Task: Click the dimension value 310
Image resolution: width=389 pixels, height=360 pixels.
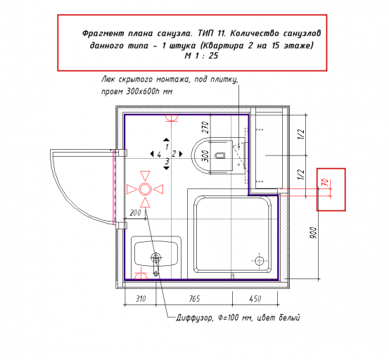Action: click(141, 299)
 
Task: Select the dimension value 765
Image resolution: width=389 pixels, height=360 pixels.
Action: click(194, 299)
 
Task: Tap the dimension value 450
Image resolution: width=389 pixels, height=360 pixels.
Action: click(255, 299)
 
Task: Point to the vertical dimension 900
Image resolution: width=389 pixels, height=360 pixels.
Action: click(314, 233)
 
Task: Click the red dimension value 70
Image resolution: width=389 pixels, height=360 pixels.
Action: click(326, 183)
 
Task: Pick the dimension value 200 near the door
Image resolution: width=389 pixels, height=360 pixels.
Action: click(135, 213)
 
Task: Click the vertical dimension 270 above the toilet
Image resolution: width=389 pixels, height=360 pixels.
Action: click(205, 127)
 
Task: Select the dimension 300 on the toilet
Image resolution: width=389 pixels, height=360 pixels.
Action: click(205, 156)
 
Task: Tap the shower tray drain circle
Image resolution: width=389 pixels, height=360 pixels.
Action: click(260, 261)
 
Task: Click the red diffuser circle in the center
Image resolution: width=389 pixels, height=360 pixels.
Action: click(145, 189)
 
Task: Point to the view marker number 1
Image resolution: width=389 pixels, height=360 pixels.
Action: click(167, 147)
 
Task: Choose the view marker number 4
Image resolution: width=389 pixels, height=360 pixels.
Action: click(159, 155)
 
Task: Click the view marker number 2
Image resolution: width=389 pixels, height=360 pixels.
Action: click(174, 154)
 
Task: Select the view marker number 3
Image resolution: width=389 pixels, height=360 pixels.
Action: click(167, 162)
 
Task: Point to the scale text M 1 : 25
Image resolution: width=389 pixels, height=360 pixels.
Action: click(201, 56)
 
